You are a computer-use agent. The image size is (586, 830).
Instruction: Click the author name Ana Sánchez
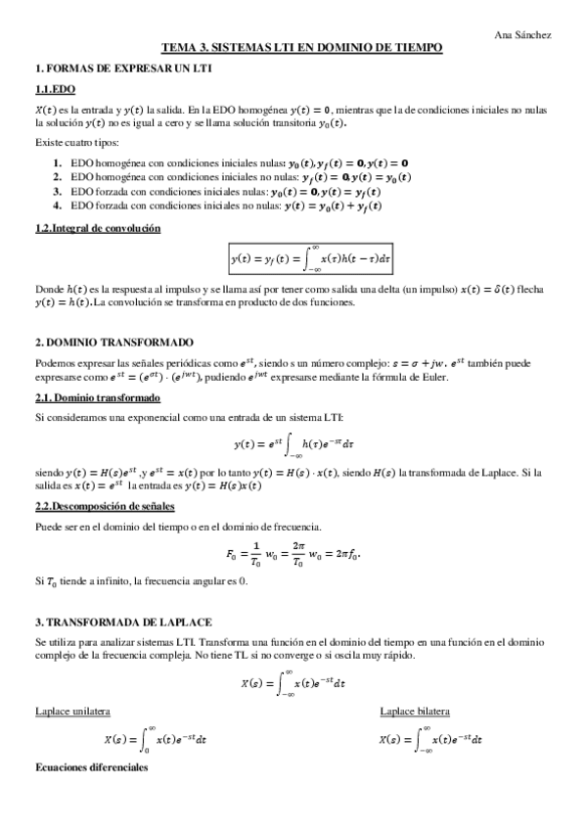tap(523, 34)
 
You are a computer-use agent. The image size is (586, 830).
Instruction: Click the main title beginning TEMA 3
tap(302, 47)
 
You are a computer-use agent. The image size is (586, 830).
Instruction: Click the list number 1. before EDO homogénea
tap(59, 161)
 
